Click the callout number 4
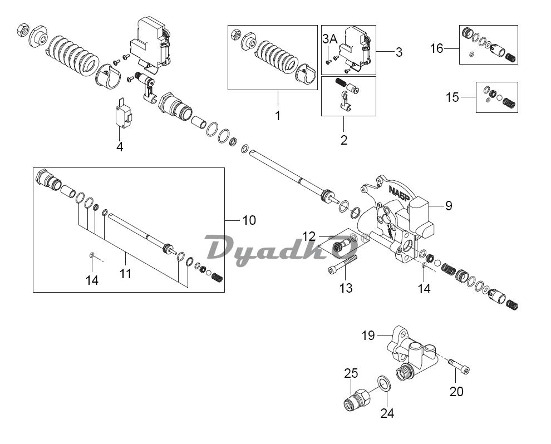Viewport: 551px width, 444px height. (x=120, y=147)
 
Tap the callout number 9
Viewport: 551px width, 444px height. (x=448, y=206)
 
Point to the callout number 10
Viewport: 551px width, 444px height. (x=249, y=220)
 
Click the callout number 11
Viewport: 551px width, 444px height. (x=126, y=273)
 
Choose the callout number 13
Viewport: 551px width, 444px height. (x=346, y=288)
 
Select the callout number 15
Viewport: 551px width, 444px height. (x=452, y=97)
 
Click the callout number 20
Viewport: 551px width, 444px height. (x=456, y=391)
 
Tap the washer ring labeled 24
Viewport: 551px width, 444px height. (x=382, y=383)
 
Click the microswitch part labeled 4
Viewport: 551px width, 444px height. (x=121, y=115)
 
